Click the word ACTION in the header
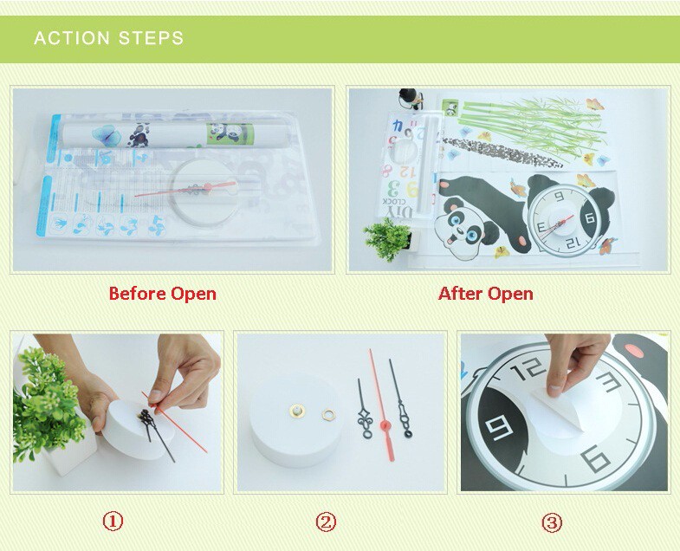pos(72,38)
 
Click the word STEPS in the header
pos(152,38)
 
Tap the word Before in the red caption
pos(137,294)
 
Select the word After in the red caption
pos(459,294)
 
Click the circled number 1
pos(113,521)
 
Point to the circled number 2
pos(326,522)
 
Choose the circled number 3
pos(552,522)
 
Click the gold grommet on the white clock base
pos(297,410)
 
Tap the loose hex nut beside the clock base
pos(328,415)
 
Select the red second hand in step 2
pos(382,405)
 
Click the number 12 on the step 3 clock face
pos(528,370)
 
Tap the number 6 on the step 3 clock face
pos(596,459)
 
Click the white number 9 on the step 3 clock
pos(501,427)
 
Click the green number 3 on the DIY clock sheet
pos(393,189)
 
